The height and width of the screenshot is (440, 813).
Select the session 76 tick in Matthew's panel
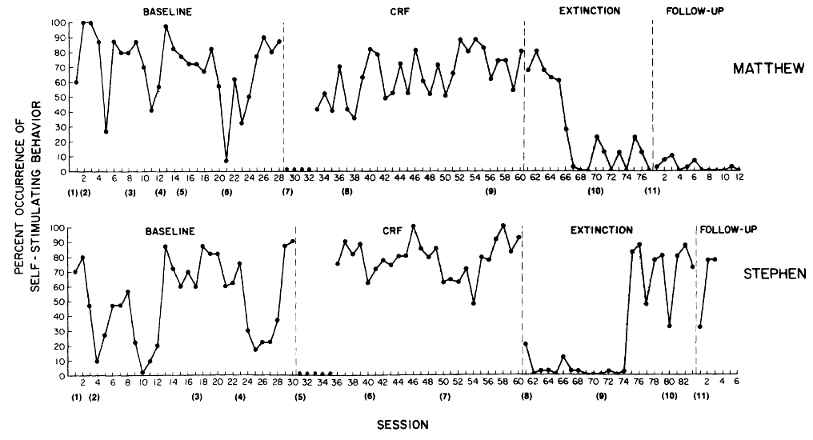click(x=625, y=178)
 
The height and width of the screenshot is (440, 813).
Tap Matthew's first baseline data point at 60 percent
click(x=76, y=82)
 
